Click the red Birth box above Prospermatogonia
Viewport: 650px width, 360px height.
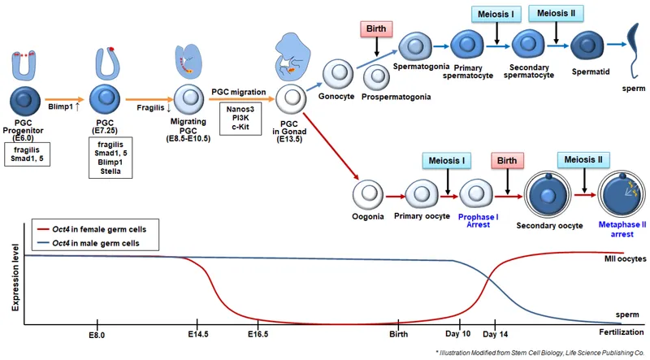pos(375,29)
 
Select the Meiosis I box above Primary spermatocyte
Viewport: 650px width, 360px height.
pos(494,15)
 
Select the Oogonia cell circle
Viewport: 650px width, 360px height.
pos(368,195)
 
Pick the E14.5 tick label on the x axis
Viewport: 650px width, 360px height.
pos(198,334)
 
